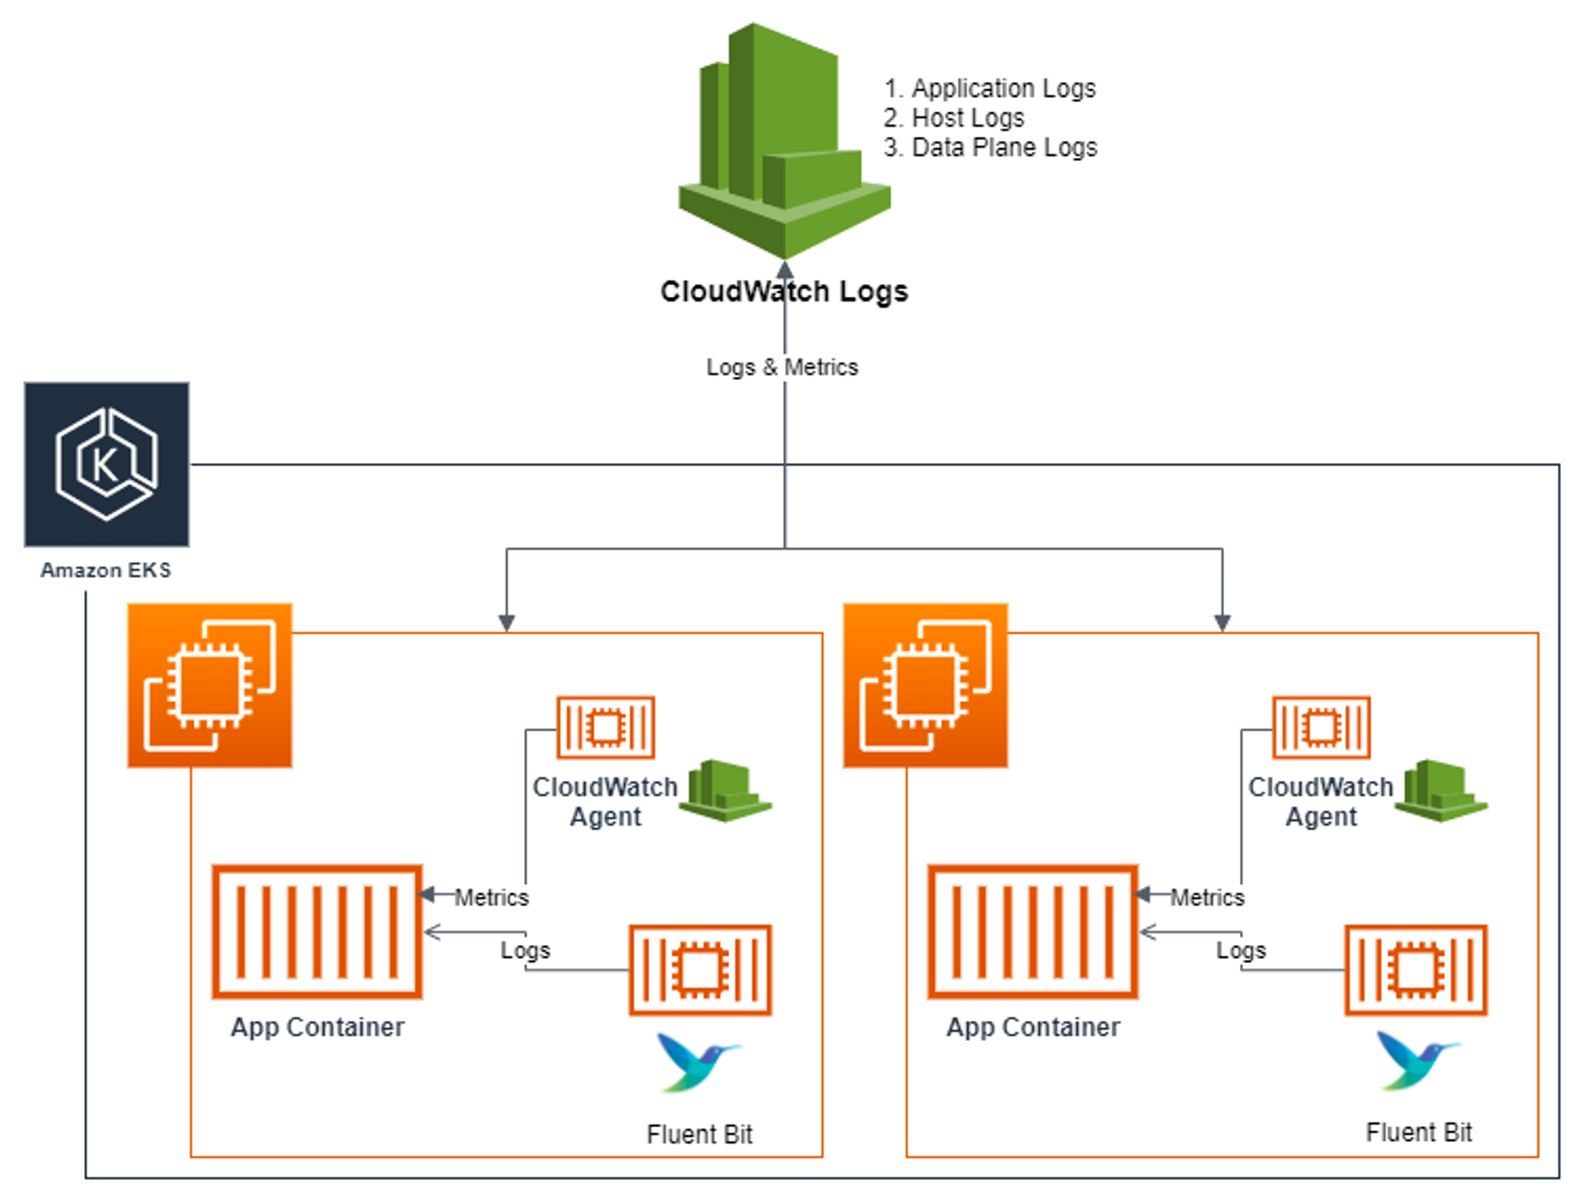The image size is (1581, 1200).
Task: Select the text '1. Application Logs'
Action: [989, 88]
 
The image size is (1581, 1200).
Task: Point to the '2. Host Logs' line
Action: [953, 117]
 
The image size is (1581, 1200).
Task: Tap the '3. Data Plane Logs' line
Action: [990, 147]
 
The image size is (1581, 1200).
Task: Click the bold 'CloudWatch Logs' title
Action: [784, 291]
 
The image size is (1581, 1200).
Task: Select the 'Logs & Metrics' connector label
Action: [782, 367]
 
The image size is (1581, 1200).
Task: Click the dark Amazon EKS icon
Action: [106, 464]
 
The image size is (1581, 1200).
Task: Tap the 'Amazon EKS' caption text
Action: [105, 569]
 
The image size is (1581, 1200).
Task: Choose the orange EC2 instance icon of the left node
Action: [210, 685]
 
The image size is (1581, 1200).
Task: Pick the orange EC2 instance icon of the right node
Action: [925, 685]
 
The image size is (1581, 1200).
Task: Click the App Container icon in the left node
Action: [317, 932]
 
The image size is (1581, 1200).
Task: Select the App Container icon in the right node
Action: [1033, 932]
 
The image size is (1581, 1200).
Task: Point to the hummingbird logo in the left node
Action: [695, 1061]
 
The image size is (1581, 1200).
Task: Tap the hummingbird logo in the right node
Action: [1414, 1059]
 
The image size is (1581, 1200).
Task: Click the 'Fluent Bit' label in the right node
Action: [1418, 1132]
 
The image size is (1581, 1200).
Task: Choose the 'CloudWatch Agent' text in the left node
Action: [605, 802]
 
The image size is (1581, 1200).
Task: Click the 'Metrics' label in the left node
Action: [492, 897]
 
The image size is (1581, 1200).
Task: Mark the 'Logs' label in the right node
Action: [1241, 949]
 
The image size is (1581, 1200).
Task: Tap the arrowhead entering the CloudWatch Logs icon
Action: [785, 270]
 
